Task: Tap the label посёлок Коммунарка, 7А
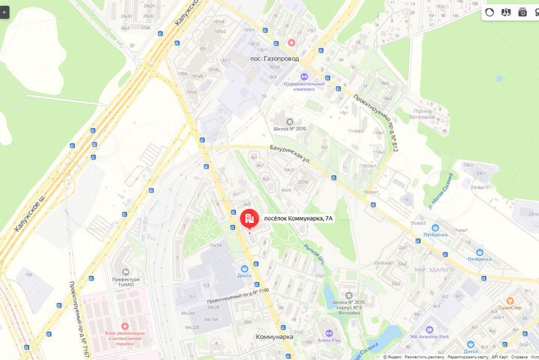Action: [x=298, y=218]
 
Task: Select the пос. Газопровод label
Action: [x=275, y=58]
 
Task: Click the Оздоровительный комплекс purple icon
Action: [x=304, y=76]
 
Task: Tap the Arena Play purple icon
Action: [x=329, y=332]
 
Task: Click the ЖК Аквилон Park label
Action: [x=428, y=338]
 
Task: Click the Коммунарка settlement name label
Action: [x=274, y=337]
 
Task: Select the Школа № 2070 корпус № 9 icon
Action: [x=347, y=295]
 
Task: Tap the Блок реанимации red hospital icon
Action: [x=124, y=326]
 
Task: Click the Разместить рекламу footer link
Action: [x=426, y=357]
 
